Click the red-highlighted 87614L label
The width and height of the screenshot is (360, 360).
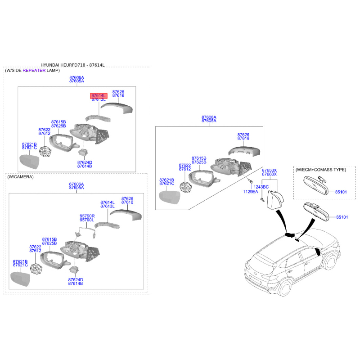tap(98, 96)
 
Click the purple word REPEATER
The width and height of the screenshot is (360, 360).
tap(34, 71)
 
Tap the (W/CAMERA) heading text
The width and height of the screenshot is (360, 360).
tap(20, 177)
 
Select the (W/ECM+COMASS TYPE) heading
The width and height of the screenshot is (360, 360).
tap(321, 170)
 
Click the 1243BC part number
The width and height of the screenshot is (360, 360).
tap(261, 187)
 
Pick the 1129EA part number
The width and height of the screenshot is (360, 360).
tap(251, 192)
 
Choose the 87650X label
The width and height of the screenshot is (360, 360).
tap(270, 171)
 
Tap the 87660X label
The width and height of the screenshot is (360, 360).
tap(270, 175)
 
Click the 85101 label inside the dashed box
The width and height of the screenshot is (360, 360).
tap(341, 192)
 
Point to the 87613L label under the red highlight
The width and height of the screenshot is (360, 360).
tap(98, 100)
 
